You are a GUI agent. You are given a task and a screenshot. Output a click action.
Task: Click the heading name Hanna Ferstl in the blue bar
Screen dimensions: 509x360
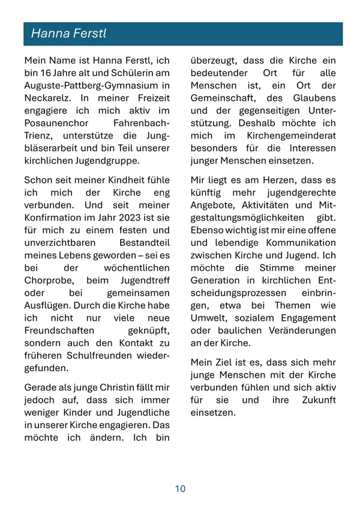click(x=68, y=34)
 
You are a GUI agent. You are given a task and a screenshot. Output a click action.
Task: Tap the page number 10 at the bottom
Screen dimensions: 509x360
click(x=180, y=489)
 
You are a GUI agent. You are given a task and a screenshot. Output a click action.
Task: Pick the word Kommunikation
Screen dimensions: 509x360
click(x=299, y=242)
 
